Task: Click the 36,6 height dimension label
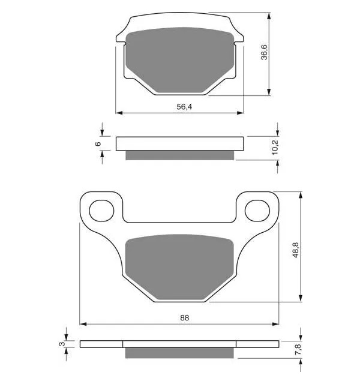(264, 52)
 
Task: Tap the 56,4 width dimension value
(184, 107)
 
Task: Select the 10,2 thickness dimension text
(275, 147)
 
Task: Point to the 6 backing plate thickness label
(98, 144)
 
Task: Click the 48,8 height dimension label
(296, 250)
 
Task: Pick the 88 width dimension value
(185, 318)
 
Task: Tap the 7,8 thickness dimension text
(298, 349)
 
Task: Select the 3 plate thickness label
(62, 344)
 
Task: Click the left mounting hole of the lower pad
(101, 211)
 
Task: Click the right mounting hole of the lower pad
(257, 211)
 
